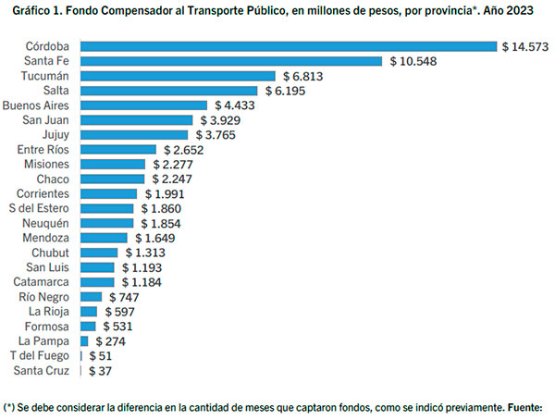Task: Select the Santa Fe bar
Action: coord(231,61)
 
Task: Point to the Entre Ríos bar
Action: coord(119,150)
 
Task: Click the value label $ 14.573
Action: coord(526,46)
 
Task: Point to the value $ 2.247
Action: coord(170,179)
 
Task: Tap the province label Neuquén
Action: coord(46,223)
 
